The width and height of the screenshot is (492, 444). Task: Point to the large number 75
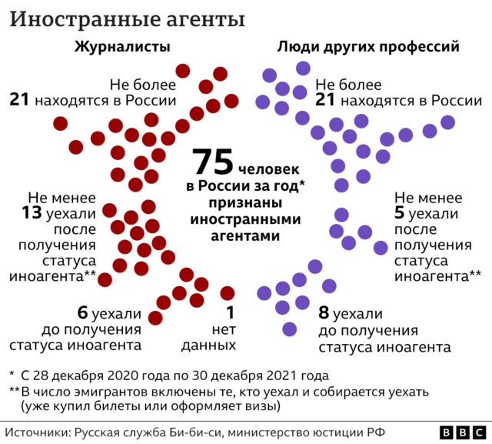coord(213,162)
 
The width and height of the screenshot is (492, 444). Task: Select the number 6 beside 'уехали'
coord(83,314)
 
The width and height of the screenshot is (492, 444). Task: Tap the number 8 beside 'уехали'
coord(324,314)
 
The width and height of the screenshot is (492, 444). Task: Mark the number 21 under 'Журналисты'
coord(21,99)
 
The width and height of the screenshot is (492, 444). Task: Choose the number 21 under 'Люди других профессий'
coord(325,99)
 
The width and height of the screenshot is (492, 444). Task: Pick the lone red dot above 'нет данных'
coord(227,292)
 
